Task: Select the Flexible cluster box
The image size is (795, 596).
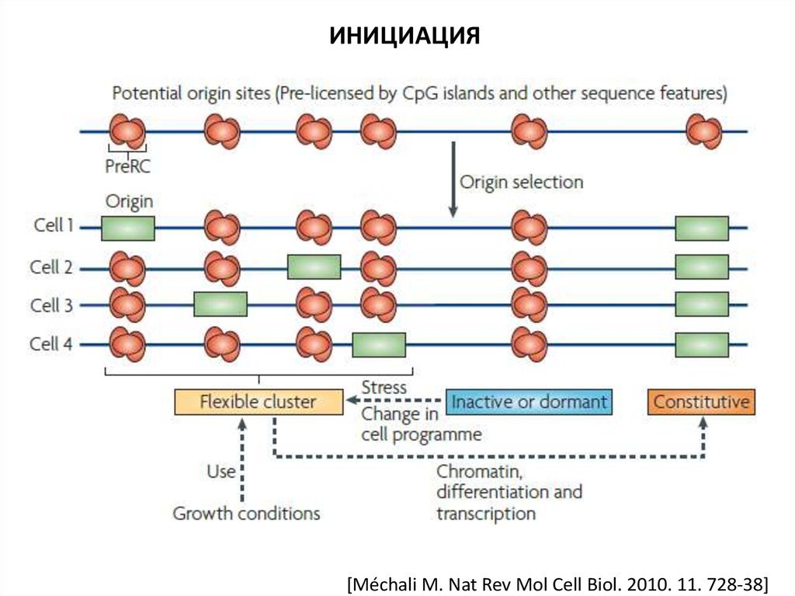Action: point(258,402)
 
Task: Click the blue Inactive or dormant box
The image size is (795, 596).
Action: point(529,402)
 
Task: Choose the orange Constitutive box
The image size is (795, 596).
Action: point(701,402)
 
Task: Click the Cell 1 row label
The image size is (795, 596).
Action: point(54,226)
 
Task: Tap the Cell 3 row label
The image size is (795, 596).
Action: point(52,305)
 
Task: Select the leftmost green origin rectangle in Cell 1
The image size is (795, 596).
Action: point(128,228)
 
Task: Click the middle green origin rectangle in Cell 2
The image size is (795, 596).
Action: point(314,267)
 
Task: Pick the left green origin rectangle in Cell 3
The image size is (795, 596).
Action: point(220,305)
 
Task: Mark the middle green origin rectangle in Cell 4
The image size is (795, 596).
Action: point(379,344)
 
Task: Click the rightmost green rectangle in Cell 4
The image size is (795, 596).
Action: point(702,344)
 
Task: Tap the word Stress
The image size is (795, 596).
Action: point(384,387)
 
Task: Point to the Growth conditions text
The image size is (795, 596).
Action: point(246,514)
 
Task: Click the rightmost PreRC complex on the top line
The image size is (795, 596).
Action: point(704,131)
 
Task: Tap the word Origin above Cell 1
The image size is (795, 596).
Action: point(128,201)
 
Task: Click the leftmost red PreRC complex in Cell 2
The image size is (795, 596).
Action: point(127,267)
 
